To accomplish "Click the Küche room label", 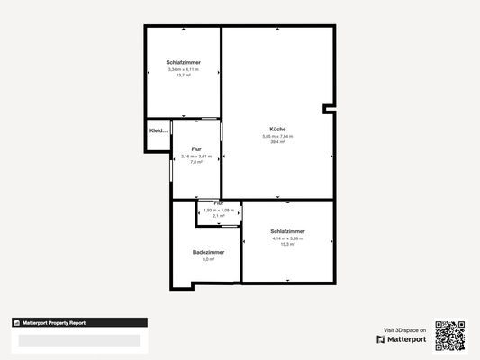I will point(277,130).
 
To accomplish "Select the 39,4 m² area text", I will point(277,142).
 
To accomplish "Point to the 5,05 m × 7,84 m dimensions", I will point(277,136).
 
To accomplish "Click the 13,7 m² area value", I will point(183,76).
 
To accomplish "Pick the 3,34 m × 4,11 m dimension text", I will point(183,69).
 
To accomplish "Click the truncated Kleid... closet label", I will point(158,132).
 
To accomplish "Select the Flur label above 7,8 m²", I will point(196,149).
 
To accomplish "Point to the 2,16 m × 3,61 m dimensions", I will point(196,156).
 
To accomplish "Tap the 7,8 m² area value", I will point(196,162).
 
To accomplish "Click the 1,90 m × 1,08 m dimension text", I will point(218,211).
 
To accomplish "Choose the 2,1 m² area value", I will point(218,216).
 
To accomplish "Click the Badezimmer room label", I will point(208,252).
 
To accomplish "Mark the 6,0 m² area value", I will point(208,259).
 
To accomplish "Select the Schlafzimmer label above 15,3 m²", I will point(287,231).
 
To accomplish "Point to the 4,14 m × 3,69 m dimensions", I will point(287,238).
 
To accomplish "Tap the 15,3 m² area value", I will point(287,244).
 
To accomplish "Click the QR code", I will point(450,335).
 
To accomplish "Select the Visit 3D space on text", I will point(404,329).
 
